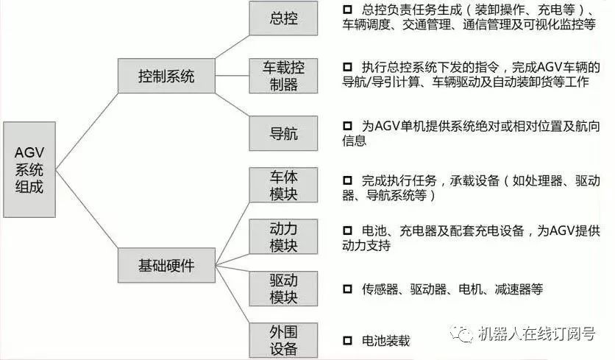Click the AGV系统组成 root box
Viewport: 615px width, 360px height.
click(29, 169)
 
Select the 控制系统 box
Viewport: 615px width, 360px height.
click(166, 75)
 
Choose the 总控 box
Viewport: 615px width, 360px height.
click(284, 18)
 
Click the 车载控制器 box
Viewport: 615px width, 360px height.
click(284, 75)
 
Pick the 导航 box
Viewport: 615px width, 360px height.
click(284, 133)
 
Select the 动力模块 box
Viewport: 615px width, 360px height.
click(284, 236)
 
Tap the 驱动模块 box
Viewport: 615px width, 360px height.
click(284, 289)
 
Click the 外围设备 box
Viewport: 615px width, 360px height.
click(284, 339)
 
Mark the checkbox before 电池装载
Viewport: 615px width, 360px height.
click(348, 341)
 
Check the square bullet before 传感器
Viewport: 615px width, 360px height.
click(348, 289)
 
